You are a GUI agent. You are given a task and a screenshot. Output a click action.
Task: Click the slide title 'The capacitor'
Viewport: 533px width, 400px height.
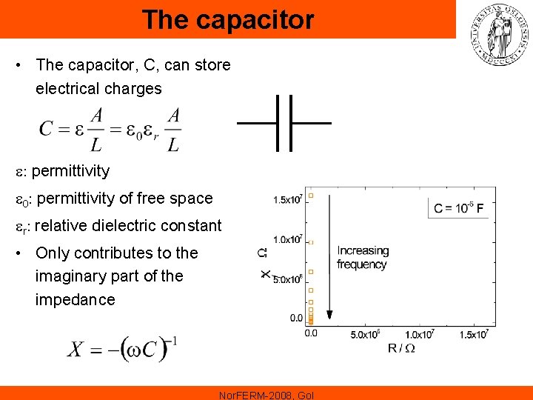pyautogui.click(x=228, y=20)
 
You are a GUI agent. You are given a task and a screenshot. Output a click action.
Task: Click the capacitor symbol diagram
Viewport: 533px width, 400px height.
pyautogui.click(x=284, y=123)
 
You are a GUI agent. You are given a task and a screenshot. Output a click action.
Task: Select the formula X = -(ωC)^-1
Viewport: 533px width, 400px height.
pyautogui.click(x=123, y=348)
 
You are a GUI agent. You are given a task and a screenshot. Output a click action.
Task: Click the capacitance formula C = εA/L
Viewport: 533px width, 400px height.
pyautogui.click(x=110, y=129)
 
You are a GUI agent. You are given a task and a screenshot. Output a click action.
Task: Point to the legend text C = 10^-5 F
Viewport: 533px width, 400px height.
pyautogui.click(x=459, y=208)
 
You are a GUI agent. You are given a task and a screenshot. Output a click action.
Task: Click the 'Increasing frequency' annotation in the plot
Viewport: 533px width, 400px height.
pyautogui.click(x=362, y=257)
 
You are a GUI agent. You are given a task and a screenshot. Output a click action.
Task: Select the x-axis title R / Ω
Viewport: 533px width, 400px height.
pyautogui.click(x=402, y=348)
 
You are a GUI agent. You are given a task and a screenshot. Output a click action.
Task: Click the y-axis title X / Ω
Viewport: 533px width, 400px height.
pyautogui.click(x=265, y=264)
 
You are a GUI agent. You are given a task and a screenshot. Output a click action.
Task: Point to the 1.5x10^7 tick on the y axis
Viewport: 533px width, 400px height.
pyautogui.click(x=287, y=199)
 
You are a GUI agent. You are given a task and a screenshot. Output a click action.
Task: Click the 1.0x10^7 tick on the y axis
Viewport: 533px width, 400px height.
pyautogui.click(x=287, y=239)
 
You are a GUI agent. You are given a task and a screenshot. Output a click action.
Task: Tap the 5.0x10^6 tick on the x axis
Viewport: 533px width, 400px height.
pyautogui.click(x=365, y=334)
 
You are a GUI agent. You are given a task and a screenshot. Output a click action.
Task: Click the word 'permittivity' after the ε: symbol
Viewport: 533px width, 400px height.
pyautogui.click(x=71, y=171)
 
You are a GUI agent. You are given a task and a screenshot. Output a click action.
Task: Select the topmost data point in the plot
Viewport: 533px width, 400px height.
pyautogui.click(x=311, y=195)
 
